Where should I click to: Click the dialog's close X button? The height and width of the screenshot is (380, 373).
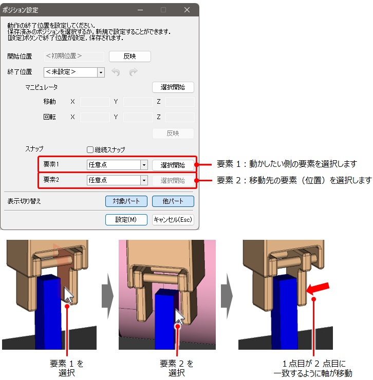(x=186, y=10)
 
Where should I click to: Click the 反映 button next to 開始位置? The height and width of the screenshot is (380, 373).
(x=130, y=56)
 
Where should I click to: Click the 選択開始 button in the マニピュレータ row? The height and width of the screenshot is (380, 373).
(x=173, y=87)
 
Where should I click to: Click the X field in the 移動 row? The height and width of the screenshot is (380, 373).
(x=95, y=102)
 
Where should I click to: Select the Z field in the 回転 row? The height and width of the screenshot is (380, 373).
(x=180, y=117)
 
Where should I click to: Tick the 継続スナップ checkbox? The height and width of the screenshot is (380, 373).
(x=90, y=150)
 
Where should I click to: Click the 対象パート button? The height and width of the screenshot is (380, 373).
(x=126, y=201)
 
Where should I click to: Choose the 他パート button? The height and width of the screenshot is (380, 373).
(x=173, y=201)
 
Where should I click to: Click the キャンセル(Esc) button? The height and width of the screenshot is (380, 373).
(x=173, y=220)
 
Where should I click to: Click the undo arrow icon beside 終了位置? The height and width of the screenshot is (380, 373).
(x=116, y=72)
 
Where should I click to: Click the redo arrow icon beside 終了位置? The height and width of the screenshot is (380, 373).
(x=134, y=72)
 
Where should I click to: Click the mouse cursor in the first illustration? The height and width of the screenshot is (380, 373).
(x=69, y=294)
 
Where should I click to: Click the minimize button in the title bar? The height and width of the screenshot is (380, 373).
(x=140, y=10)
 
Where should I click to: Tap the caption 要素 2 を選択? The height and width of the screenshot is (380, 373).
(x=177, y=368)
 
